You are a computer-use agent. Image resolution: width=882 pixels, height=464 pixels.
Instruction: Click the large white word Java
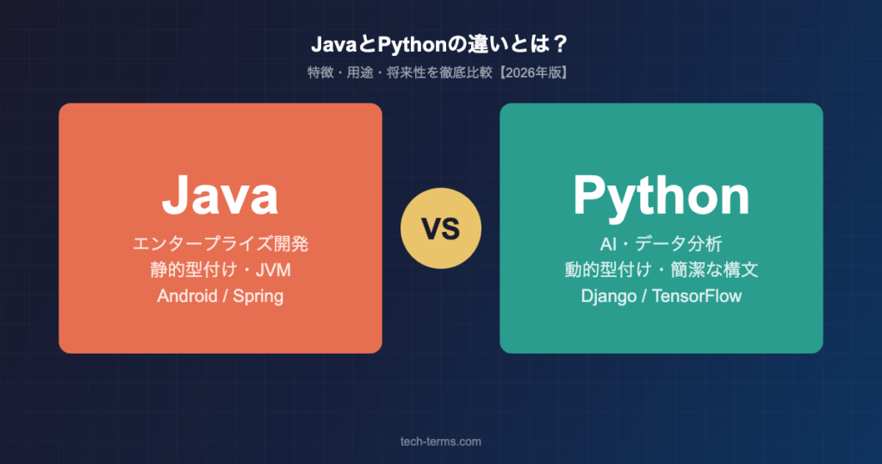(x=220, y=195)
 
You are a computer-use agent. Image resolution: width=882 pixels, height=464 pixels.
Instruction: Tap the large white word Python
(x=661, y=198)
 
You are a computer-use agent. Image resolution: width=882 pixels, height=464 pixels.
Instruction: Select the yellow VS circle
(x=441, y=228)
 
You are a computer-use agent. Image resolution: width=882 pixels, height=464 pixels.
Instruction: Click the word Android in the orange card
(x=187, y=296)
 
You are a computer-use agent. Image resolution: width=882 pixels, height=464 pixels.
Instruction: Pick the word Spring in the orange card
(x=258, y=297)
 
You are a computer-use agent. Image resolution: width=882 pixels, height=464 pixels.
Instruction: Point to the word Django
(x=609, y=297)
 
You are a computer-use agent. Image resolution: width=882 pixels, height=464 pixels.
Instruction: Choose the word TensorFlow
(x=697, y=296)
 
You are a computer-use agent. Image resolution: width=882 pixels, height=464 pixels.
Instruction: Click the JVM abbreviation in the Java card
(x=273, y=270)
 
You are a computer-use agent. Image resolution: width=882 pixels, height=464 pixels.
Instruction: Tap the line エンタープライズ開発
(x=220, y=244)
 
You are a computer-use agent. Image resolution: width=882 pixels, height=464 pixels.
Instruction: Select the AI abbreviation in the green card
(x=608, y=244)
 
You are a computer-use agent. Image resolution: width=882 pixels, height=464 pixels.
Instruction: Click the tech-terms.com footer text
(x=441, y=442)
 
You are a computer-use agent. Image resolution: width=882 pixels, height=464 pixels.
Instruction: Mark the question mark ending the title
(x=560, y=45)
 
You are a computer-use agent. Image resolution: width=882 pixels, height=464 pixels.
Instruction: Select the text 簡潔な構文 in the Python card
(x=714, y=270)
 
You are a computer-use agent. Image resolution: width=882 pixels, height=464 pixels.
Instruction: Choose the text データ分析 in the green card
(x=679, y=244)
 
